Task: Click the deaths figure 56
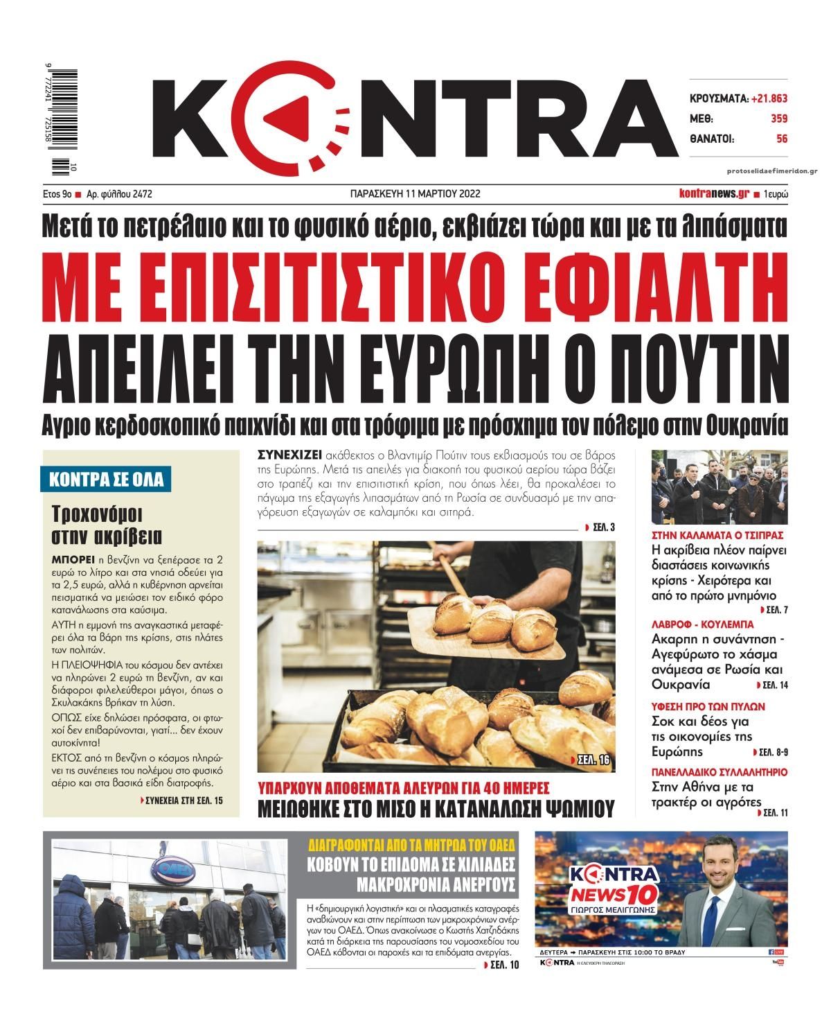pyautogui.click(x=782, y=139)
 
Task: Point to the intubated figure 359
pyautogui.click(x=779, y=119)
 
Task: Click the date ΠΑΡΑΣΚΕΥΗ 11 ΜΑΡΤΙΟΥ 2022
pyautogui.click(x=415, y=194)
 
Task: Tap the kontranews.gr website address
pyautogui.click(x=713, y=194)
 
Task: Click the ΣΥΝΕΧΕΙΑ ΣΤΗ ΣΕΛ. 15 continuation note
pyautogui.click(x=181, y=800)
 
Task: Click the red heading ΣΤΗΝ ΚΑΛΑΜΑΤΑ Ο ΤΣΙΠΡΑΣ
pyautogui.click(x=717, y=536)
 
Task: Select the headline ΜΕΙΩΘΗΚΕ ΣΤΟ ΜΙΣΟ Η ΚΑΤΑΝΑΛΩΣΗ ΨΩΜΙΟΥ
pyautogui.click(x=436, y=807)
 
